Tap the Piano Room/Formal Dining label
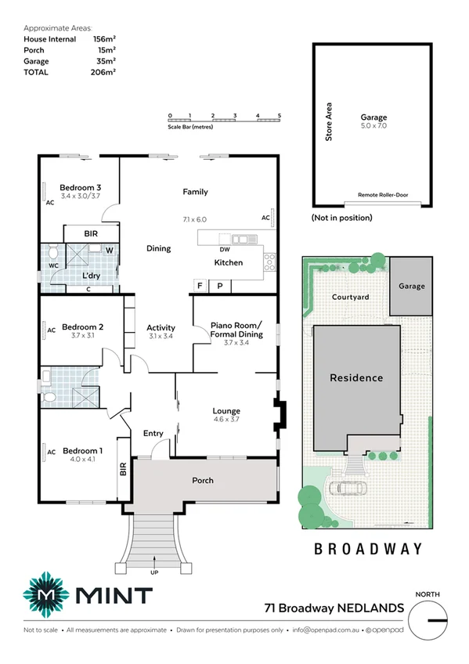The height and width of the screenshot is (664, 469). tap(236, 330)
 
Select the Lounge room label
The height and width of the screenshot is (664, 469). tap(226, 410)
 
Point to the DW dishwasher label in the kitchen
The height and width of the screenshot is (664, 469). tap(224, 250)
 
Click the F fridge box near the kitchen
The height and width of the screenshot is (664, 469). tap(200, 286)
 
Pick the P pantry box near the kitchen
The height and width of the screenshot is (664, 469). tap(220, 286)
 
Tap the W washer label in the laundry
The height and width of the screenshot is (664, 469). tap(109, 251)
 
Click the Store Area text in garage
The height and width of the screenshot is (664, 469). tap(329, 121)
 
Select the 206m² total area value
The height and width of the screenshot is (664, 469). tap(103, 72)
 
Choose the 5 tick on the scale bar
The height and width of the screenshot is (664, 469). tap(280, 116)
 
